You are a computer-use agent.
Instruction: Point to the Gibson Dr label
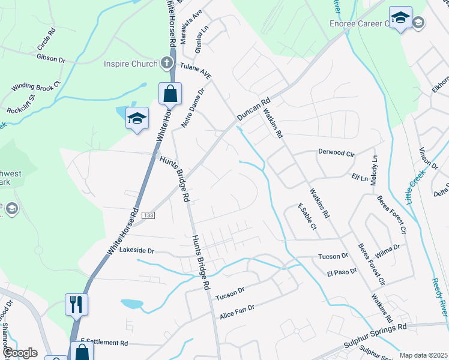(x=50, y=59)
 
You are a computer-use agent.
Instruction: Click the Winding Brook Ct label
(x=36, y=86)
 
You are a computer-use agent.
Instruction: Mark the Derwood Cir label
(x=336, y=152)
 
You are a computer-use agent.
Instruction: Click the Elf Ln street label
(x=360, y=178)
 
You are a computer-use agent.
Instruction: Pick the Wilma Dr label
(x=388, y=247)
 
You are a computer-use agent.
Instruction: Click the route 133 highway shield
(x=149, y=215)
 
